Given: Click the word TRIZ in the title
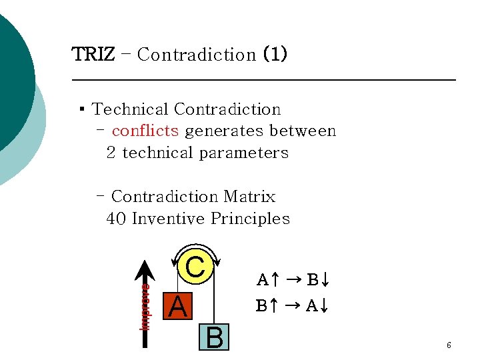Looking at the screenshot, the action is (93, 54).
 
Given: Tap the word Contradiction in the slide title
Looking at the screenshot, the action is (196, 55).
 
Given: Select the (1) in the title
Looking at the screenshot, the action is (275, 54).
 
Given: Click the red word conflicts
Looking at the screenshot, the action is (145, 131).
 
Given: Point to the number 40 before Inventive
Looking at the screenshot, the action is (117, 219).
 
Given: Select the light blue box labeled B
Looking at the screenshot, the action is (215, 337).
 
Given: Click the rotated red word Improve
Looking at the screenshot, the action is (145, 307).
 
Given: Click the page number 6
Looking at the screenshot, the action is (449, 345).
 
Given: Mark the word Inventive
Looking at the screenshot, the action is (169, 219).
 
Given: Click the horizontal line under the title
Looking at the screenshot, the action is (263, 80).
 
